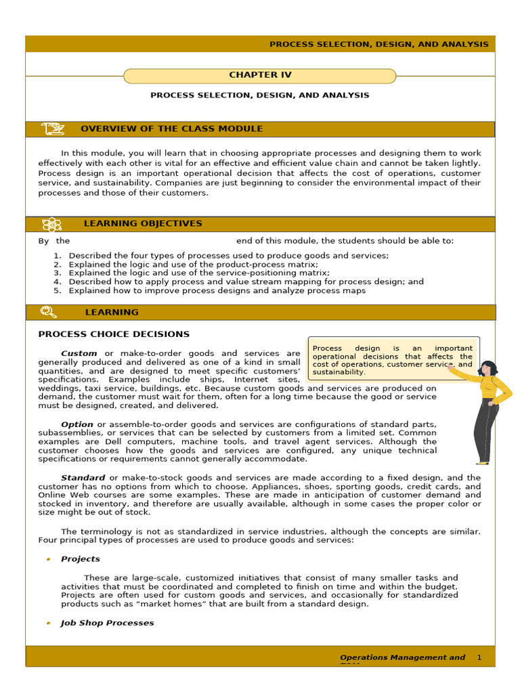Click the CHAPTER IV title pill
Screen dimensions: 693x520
(260, 75)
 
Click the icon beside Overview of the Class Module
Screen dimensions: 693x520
(52, 129)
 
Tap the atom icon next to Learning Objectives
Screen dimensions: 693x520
(51, 224)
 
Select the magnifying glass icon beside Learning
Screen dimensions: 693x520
(49, 312)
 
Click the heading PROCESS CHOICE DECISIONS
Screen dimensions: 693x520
(114, 334)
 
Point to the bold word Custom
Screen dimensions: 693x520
(79, 353)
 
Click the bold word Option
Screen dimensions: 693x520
(77, 424)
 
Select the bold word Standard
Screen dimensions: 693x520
(83, 477)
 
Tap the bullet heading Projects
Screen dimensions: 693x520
(80, 559)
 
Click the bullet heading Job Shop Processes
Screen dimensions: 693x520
(107, 623)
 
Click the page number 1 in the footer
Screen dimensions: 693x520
(479, 657)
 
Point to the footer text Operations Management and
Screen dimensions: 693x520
(402, 657)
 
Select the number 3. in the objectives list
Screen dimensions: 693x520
(58, 273)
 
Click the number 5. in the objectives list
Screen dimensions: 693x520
(58, 290)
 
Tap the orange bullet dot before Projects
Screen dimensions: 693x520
(48, 560)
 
